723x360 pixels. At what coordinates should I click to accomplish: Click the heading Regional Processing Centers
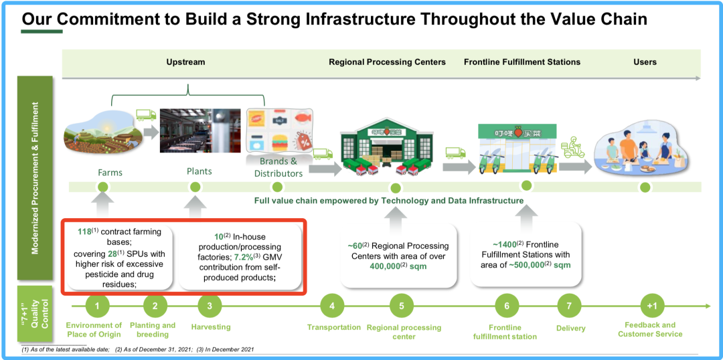click(x=387, y=62)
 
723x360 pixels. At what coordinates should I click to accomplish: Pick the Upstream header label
click(x=185, y=62)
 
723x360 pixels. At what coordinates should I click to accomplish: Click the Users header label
click(x=645, y=62)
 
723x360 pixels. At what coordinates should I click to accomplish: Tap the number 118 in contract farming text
click(x=84, y=232)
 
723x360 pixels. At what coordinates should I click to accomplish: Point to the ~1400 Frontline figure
click(x=504, y=244)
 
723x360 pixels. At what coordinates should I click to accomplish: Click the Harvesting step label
click(x=210, y=327)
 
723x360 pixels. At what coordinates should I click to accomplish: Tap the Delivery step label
click(x=570, y=329)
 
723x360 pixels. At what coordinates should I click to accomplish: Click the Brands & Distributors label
click(x=278, y=167)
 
